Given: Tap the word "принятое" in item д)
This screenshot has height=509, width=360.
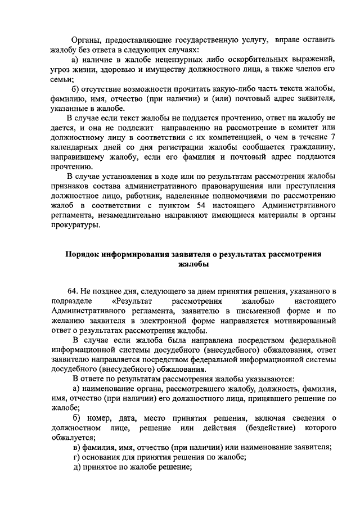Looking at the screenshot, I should coord(101,468).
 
